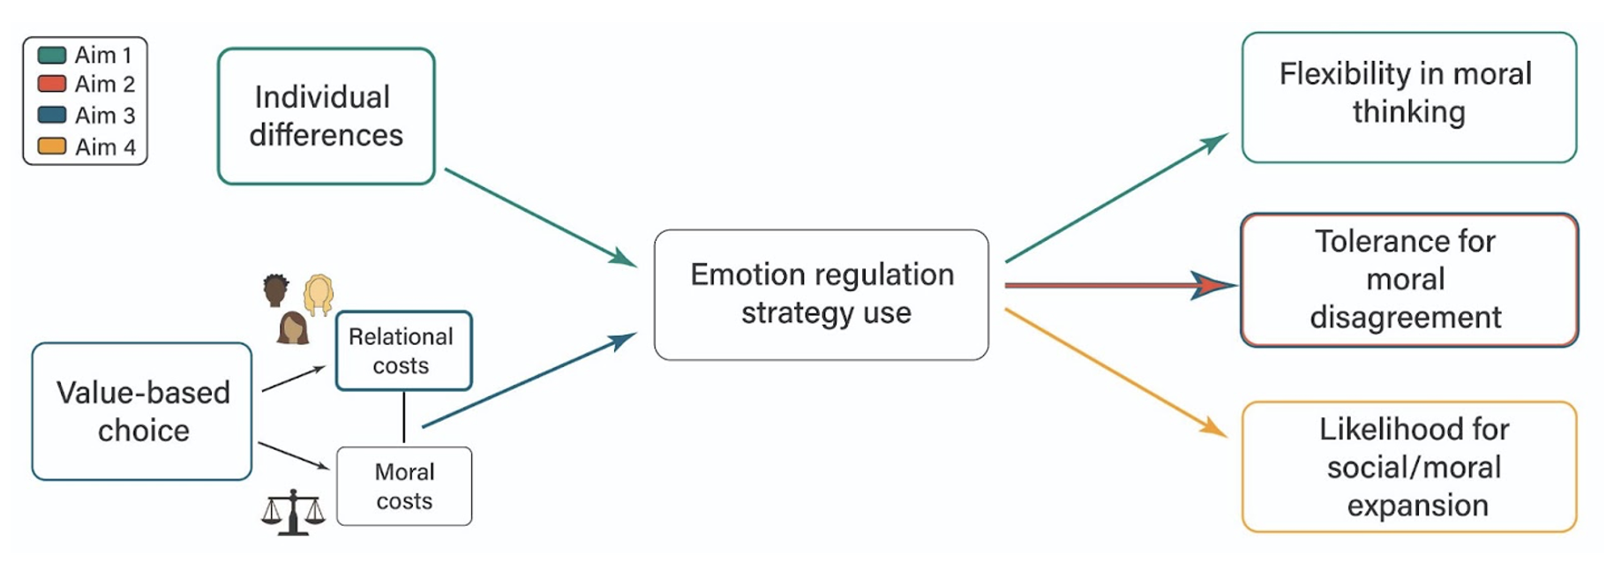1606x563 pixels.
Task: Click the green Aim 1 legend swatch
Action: pos(52,56)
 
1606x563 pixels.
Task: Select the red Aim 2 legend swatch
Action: pos(52,84)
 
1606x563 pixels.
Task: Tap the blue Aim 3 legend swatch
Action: pos(52,115)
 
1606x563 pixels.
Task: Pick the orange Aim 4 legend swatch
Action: pos(52,146)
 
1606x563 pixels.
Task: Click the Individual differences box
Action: pos(326,116)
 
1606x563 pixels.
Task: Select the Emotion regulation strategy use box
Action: pos(821,294)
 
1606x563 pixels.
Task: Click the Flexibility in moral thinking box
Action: pos(1407,97)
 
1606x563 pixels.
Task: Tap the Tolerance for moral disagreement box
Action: pos(1407,279)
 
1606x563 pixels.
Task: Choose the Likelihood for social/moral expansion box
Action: pos(1407,466)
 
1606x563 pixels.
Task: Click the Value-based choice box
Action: pos(142,411)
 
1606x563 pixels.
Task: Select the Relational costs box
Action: pos(403,350)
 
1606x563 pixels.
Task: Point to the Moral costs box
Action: pos(403,486)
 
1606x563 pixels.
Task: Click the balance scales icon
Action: pos(293,512)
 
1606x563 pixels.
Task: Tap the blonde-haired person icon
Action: pos(319,294)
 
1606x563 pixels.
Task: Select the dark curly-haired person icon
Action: pos(276,289)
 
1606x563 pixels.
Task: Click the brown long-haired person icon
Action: pos(293,327)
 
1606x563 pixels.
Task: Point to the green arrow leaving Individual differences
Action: pos(538,216)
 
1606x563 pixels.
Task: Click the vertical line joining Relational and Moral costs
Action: pos(404,417)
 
